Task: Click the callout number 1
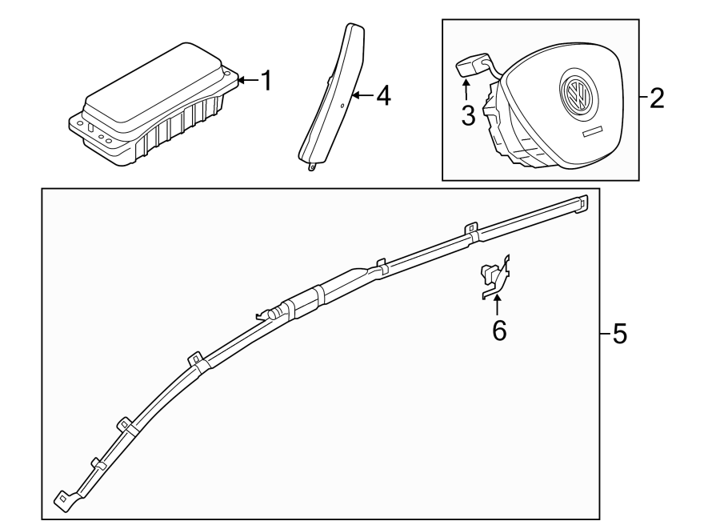pyautogui.click(x=266, y=81)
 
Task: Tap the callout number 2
pyautogui.click(x=656, y=98)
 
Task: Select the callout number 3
pyautogui.click(x=468, y=115)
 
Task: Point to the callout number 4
pyautogui.click(x=383, y=97)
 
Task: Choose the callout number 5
pyautogui.click(x=619, y=334)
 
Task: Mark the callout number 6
pyautogui.click(x=499, y=331)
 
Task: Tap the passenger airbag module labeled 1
pyautogui.click(x=152, y=108)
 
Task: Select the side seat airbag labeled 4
pyautogui.click(x=332, y=96)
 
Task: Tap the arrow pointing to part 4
pyautogui.click(x=362, y=97)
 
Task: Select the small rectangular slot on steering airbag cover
pyautogui.click(x=592, y=130)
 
